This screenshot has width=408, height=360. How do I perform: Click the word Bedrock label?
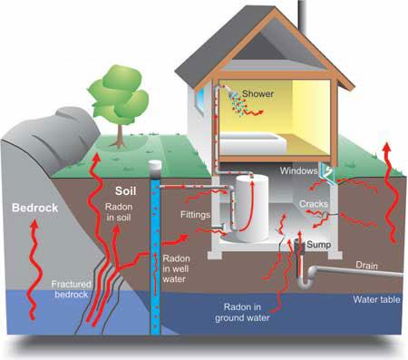[34, 208]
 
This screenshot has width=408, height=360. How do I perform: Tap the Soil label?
[128, 191]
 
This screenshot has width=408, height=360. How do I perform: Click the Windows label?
[298, 170]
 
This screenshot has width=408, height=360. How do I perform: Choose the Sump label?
[317, 243]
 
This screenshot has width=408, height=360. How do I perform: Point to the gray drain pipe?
[354, 274]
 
